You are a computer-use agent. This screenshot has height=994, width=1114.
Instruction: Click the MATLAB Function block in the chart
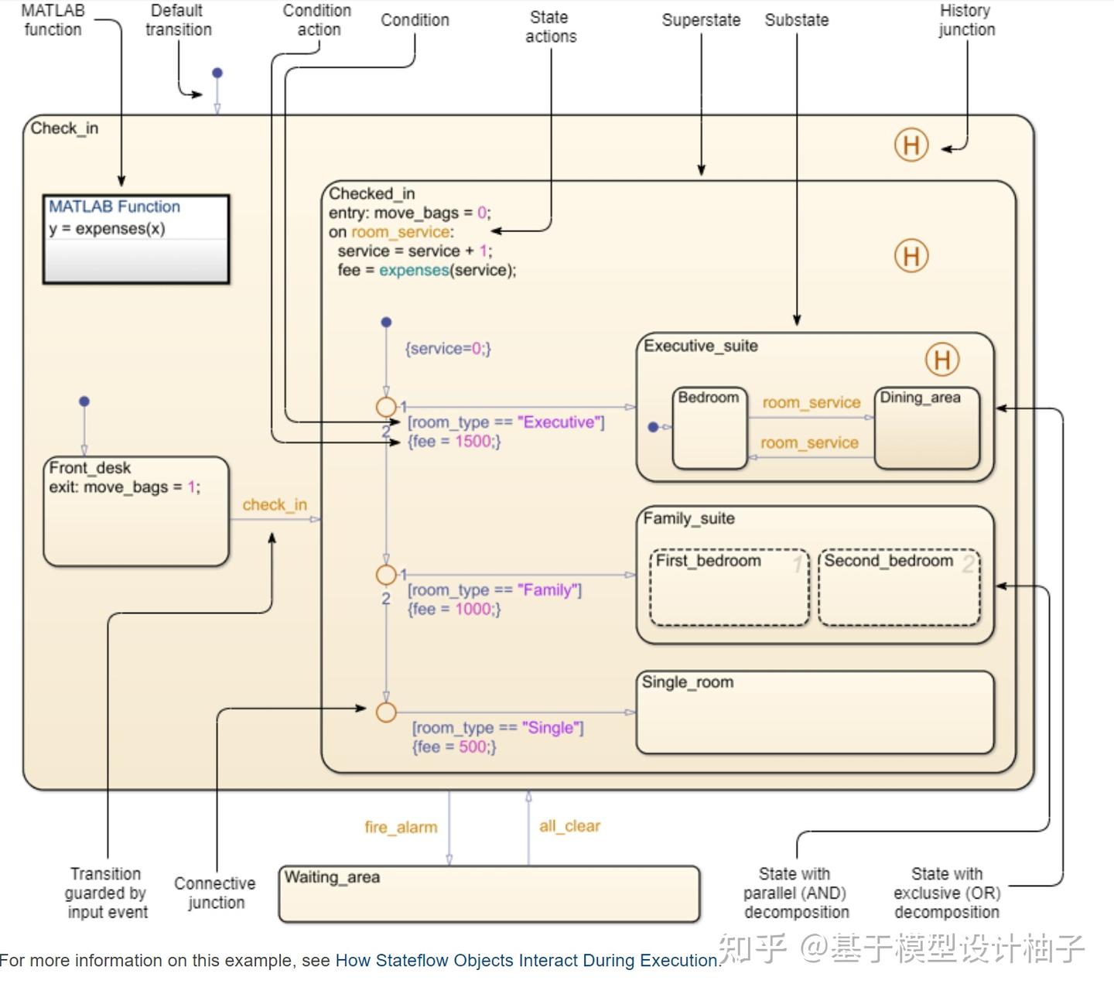136,239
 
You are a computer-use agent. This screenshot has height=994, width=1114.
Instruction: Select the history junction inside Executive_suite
941,360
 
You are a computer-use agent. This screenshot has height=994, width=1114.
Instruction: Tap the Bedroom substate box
709,429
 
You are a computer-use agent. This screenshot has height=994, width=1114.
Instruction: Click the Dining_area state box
927,429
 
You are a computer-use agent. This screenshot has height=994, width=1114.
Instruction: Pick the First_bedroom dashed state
729,588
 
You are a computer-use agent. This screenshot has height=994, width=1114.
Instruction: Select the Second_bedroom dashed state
899,588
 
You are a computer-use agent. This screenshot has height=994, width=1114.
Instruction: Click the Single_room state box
814,712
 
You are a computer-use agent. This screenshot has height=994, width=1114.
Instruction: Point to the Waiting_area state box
489,894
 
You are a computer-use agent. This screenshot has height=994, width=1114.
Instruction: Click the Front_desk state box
136,511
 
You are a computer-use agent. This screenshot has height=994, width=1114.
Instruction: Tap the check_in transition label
275,505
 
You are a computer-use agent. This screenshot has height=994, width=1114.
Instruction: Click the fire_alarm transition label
401,828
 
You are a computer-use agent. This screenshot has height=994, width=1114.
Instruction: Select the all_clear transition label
569,826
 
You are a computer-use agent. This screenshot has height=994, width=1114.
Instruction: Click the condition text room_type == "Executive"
506,422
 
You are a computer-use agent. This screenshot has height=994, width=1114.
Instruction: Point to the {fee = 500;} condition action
454,747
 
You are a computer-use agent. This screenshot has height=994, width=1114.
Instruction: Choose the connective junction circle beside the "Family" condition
385,575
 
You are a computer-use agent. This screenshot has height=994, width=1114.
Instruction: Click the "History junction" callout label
966,20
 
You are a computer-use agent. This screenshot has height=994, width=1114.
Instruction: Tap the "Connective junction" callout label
215,893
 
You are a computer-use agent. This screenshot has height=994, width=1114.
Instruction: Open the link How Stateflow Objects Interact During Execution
527,961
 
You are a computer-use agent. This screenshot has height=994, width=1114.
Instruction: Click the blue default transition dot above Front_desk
84,401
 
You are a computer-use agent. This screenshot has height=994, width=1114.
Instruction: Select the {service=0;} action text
448,349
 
